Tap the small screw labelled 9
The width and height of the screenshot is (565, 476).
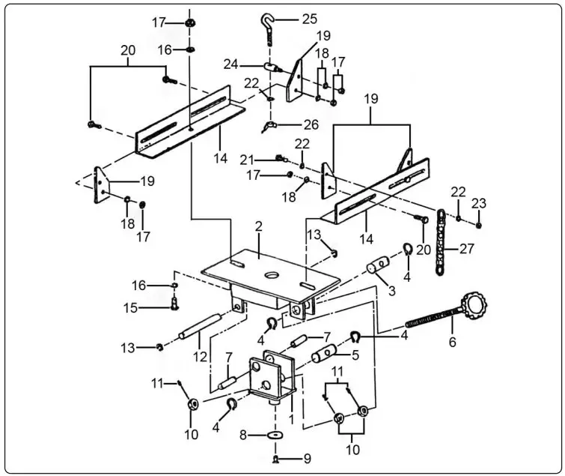(x=276, y=457)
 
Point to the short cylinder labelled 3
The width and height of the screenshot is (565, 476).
(x=380, y=267)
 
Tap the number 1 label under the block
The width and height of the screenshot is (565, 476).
(x=290, y=412)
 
